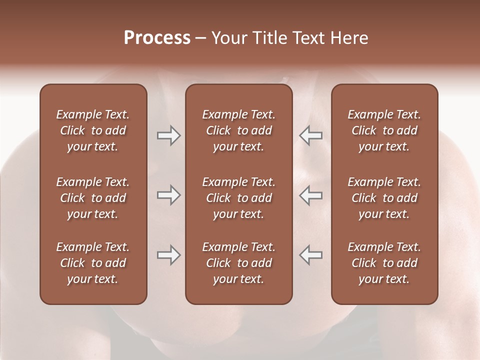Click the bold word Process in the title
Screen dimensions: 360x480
(x=157, y=38)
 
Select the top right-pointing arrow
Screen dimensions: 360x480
(x=168, y=135)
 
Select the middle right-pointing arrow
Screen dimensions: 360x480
(x=168, y=195)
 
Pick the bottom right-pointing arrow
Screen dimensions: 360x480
(x=168, y=255)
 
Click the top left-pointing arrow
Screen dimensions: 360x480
(x=311, y=135)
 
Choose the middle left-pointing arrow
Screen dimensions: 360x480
(x=311, y=195)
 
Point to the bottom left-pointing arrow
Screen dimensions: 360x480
(x=311, y=255)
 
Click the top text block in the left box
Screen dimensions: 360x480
(x=93, y=130)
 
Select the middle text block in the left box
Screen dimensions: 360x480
(x=93, y=198)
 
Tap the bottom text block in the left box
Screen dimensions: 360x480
(x=93, y=263)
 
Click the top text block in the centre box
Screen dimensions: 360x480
(x=238, y=130)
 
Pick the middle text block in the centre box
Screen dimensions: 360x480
(x=238, y=198)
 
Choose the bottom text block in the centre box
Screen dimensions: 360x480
(x=238, y=263)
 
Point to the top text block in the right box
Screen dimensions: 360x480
(x=384, y=130)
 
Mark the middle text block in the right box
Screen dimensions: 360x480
(x=384, y=198)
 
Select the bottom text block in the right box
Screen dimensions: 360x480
(x=384, y=263)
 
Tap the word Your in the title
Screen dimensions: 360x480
(x=229, y=38)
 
